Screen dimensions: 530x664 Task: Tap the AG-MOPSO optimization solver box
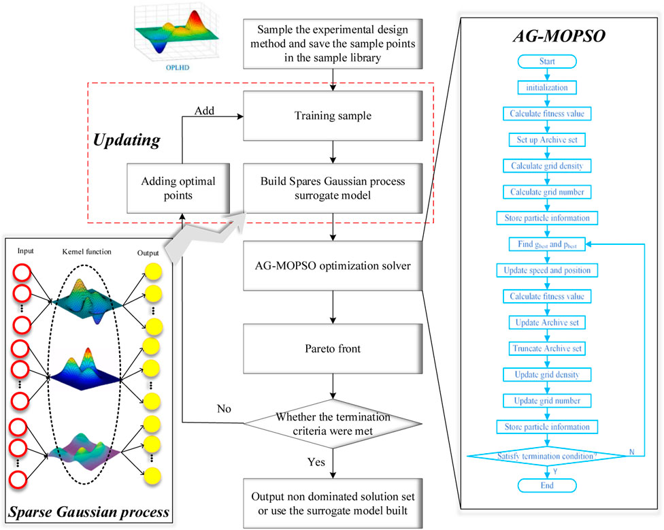point(331,265)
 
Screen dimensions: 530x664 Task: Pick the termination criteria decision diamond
point(331,423)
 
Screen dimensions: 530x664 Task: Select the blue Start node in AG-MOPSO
point(547,62)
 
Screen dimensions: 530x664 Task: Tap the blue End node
point(547,485)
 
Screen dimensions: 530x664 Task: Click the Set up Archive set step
point(547,139)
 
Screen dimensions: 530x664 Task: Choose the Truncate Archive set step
point(547,348)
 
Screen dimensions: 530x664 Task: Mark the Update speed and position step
point(547,270)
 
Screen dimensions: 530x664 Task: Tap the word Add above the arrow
point(204,110)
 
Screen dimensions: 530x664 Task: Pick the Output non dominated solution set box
point(331,503)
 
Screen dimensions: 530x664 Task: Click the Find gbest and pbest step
point(547,244)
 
